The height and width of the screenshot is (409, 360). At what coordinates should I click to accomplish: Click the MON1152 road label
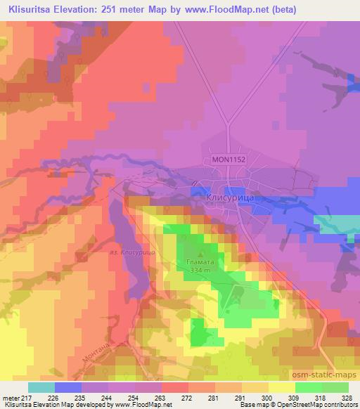coord(229,160)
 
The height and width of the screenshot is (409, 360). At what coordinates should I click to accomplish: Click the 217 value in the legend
coord(27,398)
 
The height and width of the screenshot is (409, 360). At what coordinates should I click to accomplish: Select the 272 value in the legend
coord(188,398)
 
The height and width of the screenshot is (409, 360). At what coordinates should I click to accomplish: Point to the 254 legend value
coord(134,398)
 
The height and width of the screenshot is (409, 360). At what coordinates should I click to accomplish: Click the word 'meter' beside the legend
coord(10,398)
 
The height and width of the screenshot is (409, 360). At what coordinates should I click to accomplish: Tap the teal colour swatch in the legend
coord(41,387)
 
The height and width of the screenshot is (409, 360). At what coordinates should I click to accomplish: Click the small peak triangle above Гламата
coord(202,254)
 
